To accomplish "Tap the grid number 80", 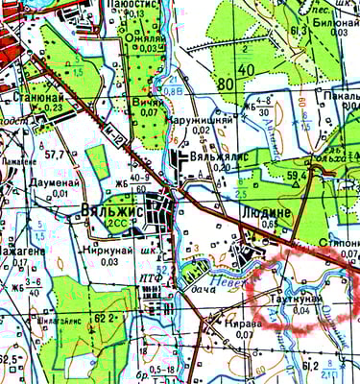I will tap(227, 84).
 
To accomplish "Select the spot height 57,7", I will tap(54, 154).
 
